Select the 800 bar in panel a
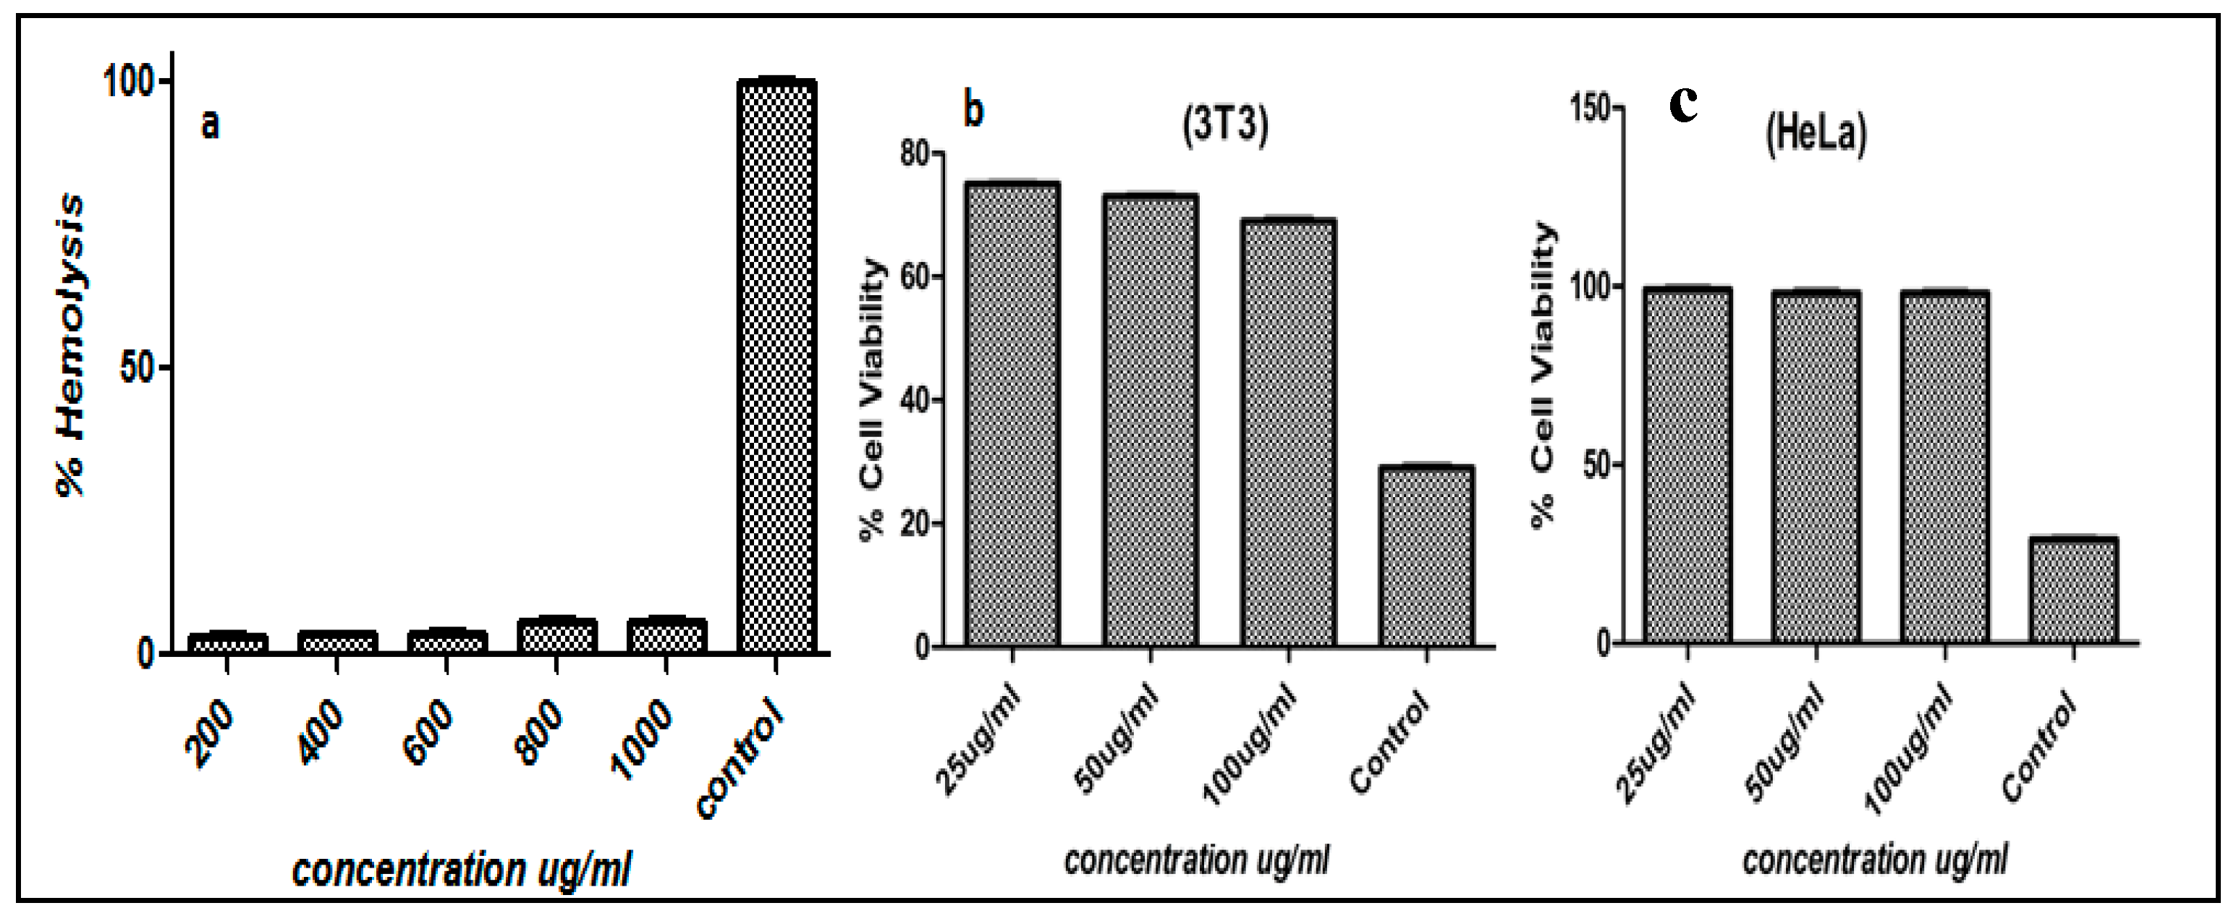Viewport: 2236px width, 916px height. point(556,635)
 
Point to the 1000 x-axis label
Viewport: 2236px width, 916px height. point(643,739)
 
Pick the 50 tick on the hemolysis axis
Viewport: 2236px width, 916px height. point(136,368)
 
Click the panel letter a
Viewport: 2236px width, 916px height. point(210,124)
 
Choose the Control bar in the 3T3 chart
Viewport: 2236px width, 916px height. point(1426,556)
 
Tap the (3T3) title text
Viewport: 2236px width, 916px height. point(1225,123)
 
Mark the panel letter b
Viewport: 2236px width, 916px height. point(974,110)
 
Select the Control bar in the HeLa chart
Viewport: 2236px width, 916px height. point(2072,590)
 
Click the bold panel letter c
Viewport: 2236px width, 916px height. point(1684,105)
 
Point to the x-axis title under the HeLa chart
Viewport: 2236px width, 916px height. point(1874,860)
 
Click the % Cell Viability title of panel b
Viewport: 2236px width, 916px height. point(873,399)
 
